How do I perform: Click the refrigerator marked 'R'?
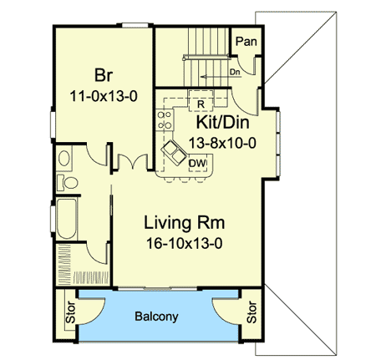pos(201,104)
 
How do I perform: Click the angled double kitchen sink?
pos(175,152)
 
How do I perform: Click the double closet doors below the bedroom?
pos(128,160)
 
